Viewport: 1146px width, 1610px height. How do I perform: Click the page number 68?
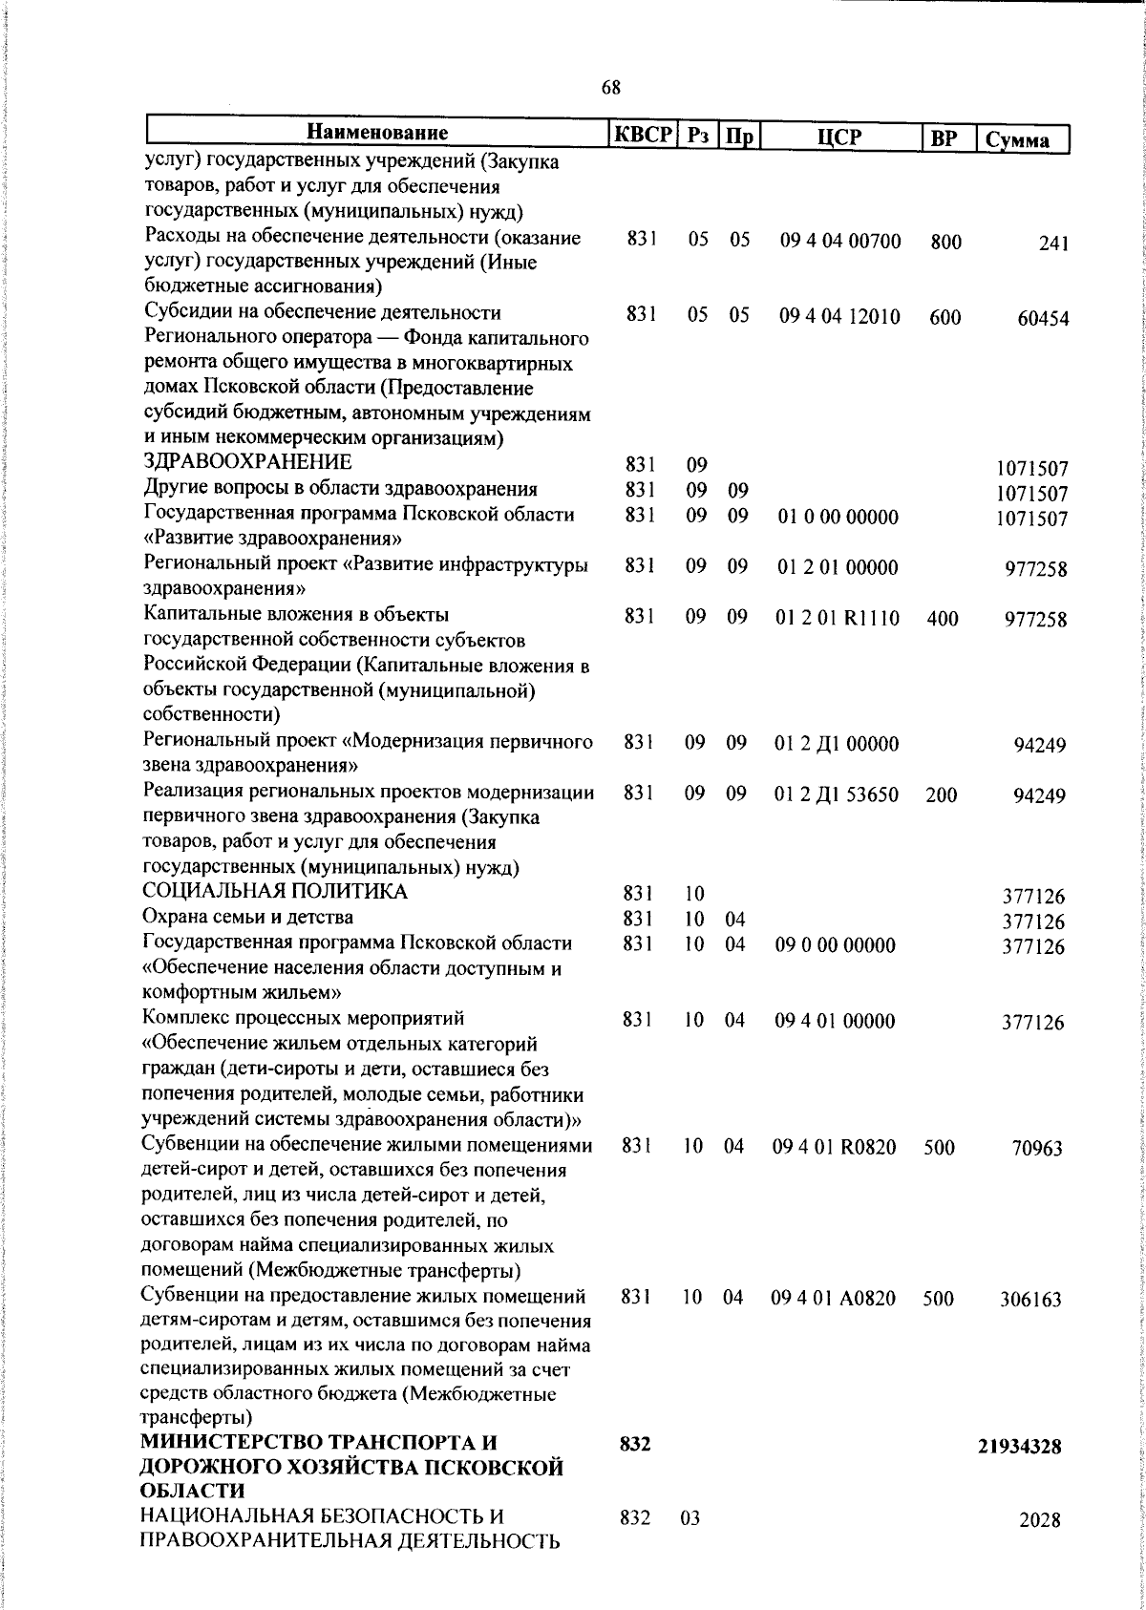(611, 88)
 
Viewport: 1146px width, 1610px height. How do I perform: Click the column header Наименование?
(378, 133)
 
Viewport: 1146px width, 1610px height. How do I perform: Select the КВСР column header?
(643, 135)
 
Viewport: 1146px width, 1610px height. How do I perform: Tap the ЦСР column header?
(839, 137)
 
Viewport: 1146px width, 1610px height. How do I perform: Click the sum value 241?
(1052, 244)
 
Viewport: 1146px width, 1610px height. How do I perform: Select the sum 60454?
(1042, 319)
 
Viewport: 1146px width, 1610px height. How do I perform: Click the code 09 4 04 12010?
(839, 317)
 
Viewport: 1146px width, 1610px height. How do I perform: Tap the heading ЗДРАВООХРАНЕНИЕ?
(246, 462)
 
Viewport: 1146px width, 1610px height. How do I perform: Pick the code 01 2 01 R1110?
(837, 618)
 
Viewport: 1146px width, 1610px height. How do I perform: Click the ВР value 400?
(942, 619)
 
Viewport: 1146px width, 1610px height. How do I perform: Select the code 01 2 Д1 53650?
(837, 794)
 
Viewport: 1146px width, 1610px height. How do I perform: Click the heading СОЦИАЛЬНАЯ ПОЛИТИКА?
(274, 892)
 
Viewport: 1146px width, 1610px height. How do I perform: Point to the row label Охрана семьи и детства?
(247, 918)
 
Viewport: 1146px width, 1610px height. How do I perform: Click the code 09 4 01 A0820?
(834, 1299)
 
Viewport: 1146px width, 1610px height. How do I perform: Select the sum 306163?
(1030, 1300)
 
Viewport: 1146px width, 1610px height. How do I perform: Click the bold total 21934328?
(1019, 1473)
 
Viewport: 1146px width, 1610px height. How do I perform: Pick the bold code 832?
(635, 1472)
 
